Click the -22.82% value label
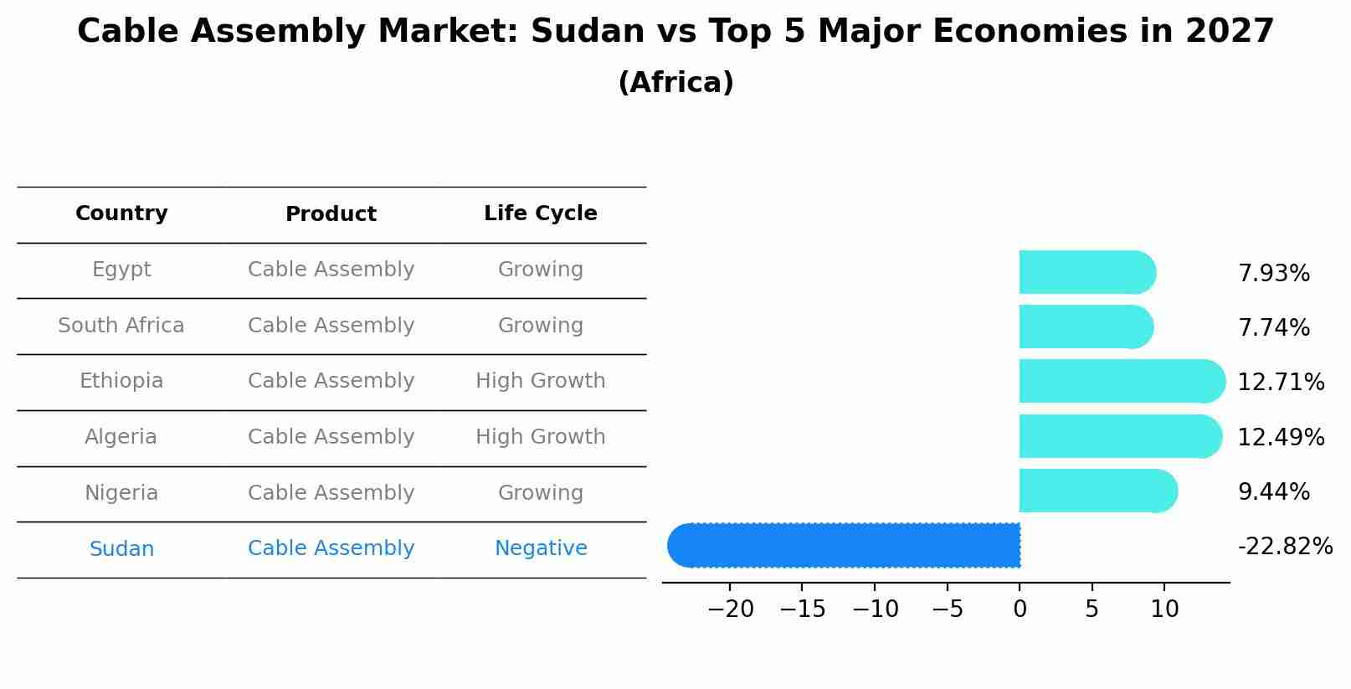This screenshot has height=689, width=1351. click(x=1285, y=547)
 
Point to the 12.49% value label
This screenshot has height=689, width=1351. click(x=1281, y=437)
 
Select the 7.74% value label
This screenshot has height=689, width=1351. click(x=1273, y=327)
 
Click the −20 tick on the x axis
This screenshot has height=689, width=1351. click(x=731, y=609)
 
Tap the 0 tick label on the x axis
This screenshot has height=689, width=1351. click(x=1020, y=609)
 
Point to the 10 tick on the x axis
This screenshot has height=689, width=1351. click(x=1164, y=609)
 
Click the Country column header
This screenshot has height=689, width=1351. click(x=121, y=213)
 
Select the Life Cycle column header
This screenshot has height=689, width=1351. click(x=541, y=213)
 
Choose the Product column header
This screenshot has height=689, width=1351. click(x=331, y=214)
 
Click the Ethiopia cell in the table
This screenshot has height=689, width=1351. click(x=121, y=381)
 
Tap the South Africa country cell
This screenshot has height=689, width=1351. click(x=121, y=326)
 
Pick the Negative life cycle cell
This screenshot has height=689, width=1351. click(x=541, y=548)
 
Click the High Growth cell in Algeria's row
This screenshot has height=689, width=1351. click(x=541, y=437)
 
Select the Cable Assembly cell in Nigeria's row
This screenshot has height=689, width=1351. click(x=331, y=493)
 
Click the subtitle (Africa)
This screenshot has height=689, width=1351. click(x=675, y=83)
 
